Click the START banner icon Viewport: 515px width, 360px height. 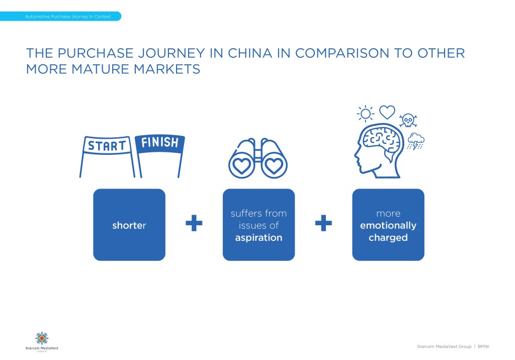tap(107, 145)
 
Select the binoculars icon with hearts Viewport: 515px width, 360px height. tap(258, 158)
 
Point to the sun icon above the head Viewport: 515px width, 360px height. tap(365, 114)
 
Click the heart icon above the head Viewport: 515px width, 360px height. tap(387, 112)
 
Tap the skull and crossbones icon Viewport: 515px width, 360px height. tap(408, 121)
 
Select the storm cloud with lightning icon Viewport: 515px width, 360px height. tap(416, 141)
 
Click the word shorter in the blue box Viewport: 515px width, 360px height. tap(129, 225)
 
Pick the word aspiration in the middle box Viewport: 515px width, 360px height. tap(259, 237)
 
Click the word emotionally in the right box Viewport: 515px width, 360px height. tap(388, 225)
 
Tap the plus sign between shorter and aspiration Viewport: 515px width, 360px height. tap(194, 223)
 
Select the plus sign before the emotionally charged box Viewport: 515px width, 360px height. tap(323, 223)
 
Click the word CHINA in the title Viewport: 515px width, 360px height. tap(250, 53)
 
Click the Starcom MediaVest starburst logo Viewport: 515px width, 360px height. tap(42, 338)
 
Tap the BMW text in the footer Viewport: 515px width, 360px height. tap(483, 346)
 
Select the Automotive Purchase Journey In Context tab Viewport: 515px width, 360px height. tap(61, 16)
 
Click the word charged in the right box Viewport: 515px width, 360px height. tap(388, 237)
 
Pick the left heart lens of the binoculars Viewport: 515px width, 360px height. tap(242, 166)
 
